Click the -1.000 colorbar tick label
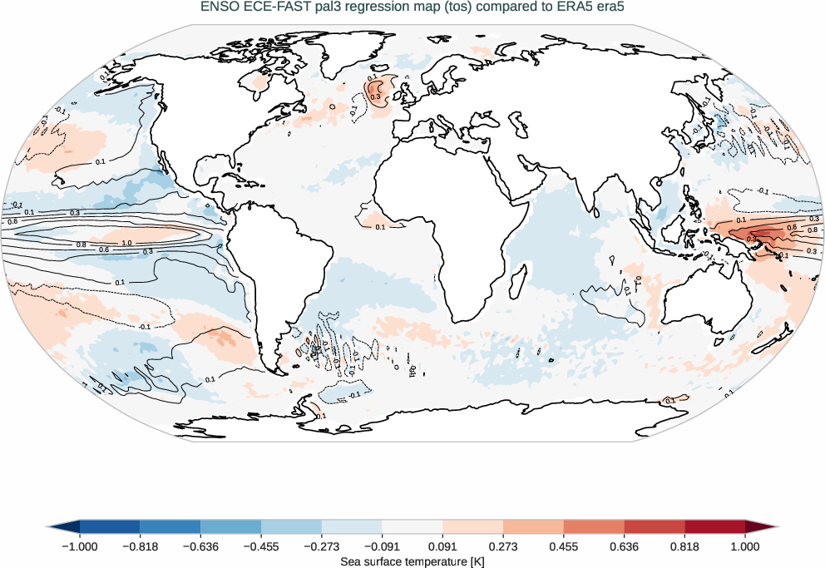(80, 546)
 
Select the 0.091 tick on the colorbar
(442, 546)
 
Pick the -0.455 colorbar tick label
(261, 546)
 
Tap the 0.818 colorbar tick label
(684, 546)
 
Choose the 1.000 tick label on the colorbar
(745, 546)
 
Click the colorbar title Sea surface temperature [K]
(412, 562)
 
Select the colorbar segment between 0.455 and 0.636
(594, 526)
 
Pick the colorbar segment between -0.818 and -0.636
(170, 526)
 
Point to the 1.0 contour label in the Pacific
(126, 242)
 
